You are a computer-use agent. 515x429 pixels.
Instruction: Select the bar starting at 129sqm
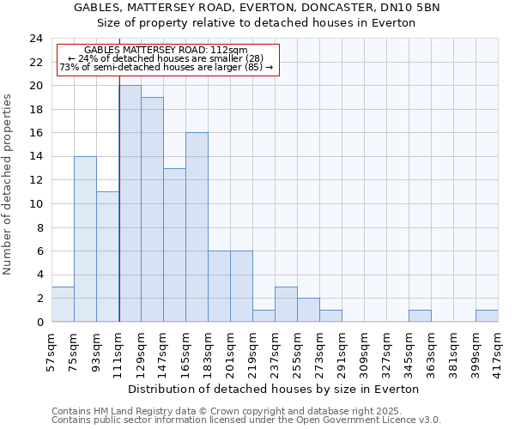[152, 209]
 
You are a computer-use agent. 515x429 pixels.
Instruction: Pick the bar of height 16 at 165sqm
[197, 227]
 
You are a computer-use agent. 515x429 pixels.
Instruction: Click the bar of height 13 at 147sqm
[174, 245]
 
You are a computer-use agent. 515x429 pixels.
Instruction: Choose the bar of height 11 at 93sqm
[107, 257]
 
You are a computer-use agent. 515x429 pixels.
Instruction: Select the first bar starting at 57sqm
[63, 304]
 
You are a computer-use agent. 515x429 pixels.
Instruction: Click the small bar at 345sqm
[420, 316]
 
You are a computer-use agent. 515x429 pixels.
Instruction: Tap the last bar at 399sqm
[487, 316]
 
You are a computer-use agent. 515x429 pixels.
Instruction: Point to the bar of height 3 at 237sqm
[286, 304]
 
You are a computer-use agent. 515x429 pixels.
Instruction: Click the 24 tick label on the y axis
[36, 39]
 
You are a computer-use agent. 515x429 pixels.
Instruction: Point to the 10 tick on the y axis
[36, 204]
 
